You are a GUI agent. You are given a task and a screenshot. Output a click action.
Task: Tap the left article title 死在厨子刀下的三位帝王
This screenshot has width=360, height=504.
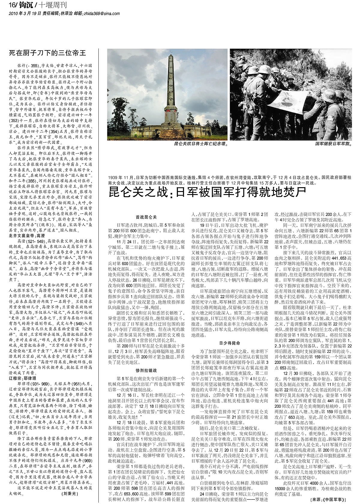[x=47, y=53]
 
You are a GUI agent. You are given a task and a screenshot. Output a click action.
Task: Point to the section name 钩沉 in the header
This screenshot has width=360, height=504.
[x=26, y=5]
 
